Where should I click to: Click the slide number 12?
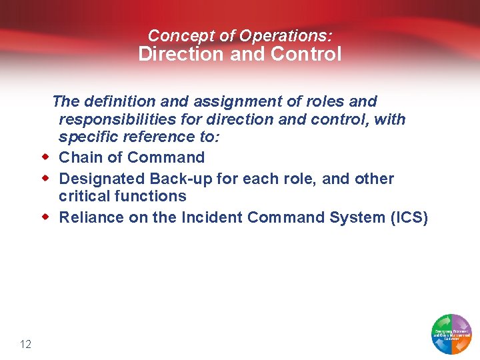coord(26,344)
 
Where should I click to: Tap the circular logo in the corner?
coord(452,333)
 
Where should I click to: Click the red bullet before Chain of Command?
coord(46,157)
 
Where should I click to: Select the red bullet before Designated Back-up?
coord(46,179)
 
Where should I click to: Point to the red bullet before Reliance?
coord(46,217)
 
